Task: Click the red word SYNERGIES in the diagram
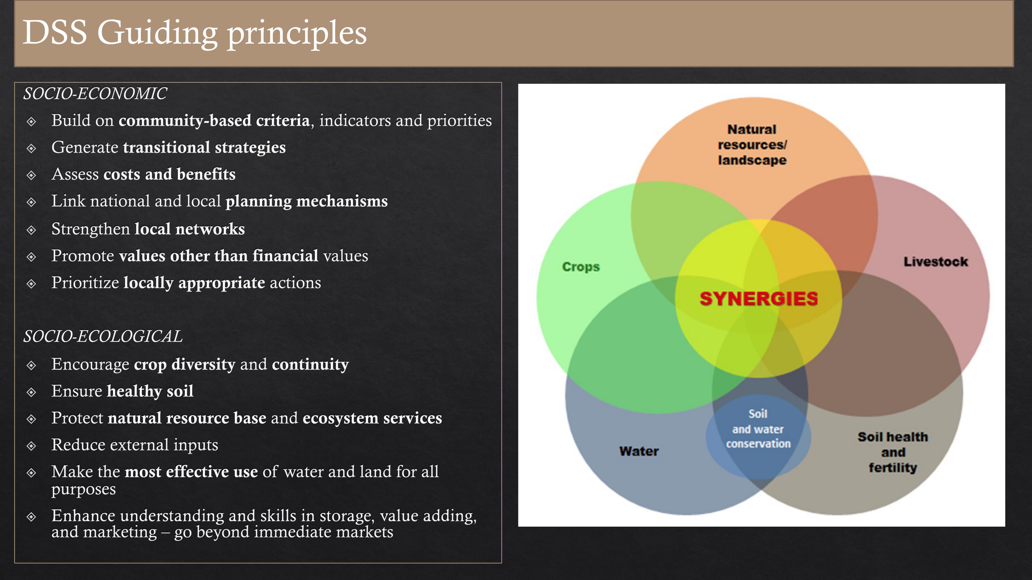(758, 299)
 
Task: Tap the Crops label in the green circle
(581, 267)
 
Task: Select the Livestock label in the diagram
(936, 262)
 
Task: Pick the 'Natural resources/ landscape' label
(752, 145)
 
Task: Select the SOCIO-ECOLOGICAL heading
(103, 336)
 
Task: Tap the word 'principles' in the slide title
(297, 34)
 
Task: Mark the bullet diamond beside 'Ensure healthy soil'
(31, 392)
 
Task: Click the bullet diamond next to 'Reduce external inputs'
(31, 446)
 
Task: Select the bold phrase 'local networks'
(189, 229)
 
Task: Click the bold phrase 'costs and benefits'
(170, 174)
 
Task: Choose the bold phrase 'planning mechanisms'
(307, 201)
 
